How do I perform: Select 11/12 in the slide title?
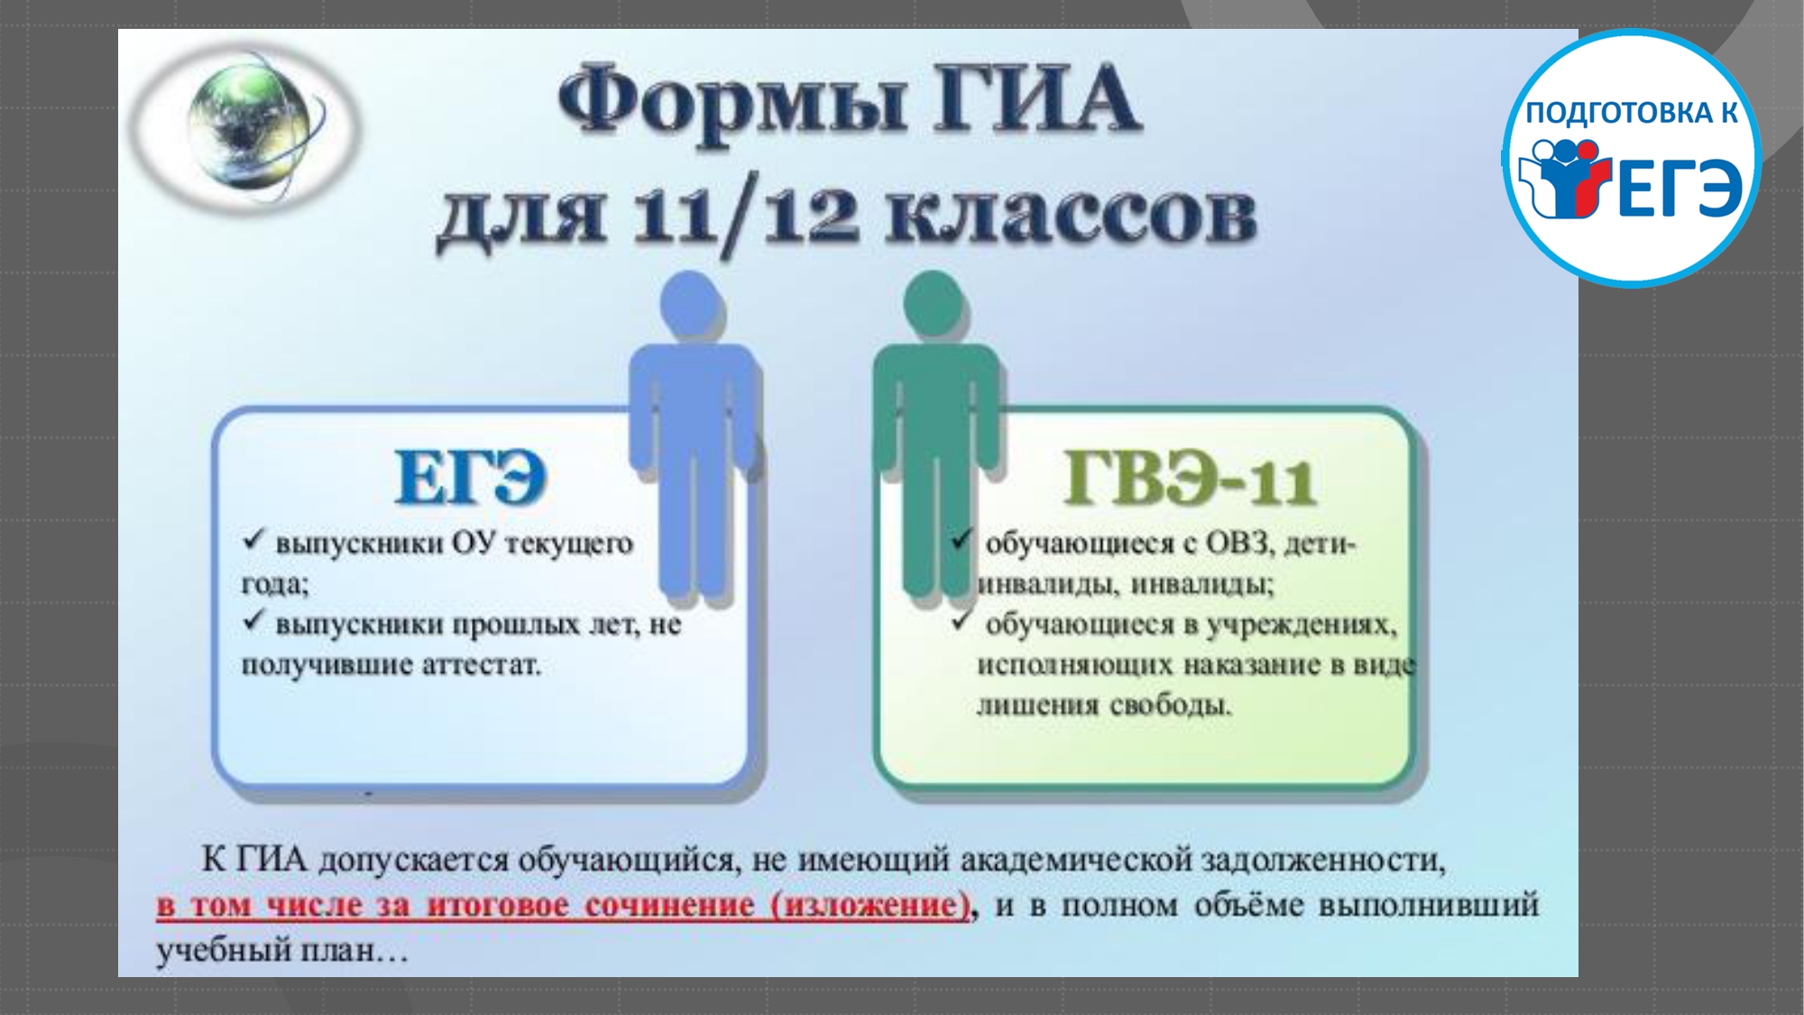click(745, 217)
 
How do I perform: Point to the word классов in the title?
click(1071, 217)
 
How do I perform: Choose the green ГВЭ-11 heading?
click(1190, 478)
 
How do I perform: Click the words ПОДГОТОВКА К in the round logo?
click(1632, 112)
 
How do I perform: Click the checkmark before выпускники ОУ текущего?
click(253, 540)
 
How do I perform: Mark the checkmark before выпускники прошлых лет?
click(253, 621)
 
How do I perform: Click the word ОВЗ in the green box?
click(1239, 543)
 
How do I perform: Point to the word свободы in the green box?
click(1170, 705)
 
